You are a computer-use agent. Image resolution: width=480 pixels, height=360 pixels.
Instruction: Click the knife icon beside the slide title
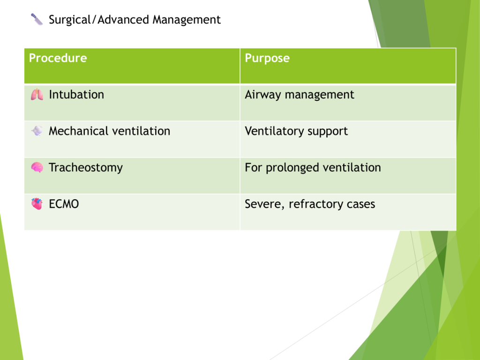tap(37, 19)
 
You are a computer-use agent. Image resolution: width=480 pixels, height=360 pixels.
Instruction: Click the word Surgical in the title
tap(70, 20)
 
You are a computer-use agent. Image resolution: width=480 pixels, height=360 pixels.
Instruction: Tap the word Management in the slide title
tap(187, 20)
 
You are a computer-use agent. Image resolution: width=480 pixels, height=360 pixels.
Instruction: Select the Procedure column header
tap(58, 58)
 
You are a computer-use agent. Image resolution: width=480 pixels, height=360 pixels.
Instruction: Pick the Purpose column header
tap(267, 58)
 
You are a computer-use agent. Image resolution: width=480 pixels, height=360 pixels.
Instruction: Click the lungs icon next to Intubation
tap(37, 95)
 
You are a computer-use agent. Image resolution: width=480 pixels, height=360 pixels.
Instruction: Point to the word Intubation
tap(76, 95)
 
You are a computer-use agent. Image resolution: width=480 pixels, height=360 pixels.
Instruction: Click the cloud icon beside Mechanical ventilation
tap(37, 131)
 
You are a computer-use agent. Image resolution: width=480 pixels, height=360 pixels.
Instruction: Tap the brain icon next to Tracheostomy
tap(37, 167)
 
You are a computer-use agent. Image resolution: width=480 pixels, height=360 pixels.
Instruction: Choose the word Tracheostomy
tap(86, 168)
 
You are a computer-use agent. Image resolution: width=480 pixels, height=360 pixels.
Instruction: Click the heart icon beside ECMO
tap(37, 203)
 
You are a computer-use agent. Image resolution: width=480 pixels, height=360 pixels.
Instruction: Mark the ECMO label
tap(64, 204)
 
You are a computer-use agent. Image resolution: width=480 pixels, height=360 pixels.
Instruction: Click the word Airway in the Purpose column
tap(262, 95)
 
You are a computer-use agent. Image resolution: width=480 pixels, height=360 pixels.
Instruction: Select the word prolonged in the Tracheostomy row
tap(292, 168)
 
